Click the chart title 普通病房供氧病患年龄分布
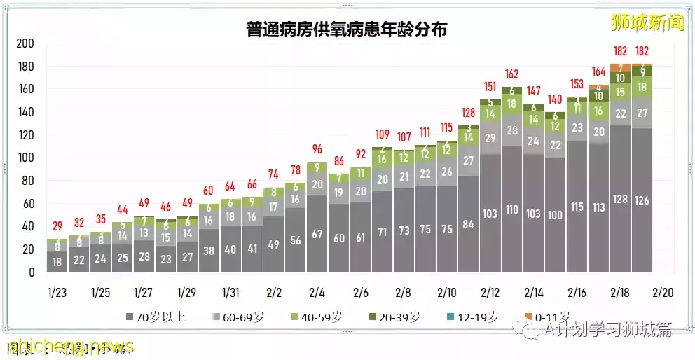click(x=347, y=29)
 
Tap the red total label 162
click(x=511, y=74)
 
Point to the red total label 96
click(x=317, y=149)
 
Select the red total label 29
click(x=58, y=226)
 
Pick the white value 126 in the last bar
click(x=642, y=200)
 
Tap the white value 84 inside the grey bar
click(x=469, y=224)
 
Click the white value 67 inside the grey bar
click(x=317, y=234)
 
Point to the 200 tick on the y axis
click(x=25, y=43)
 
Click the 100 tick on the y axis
click(x=25, y=158)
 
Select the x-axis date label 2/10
click(x=447, y=291)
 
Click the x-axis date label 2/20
click(x=663, y=291)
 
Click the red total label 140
click(x=556, y=99)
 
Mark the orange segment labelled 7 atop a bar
click(x=620, y=68)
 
